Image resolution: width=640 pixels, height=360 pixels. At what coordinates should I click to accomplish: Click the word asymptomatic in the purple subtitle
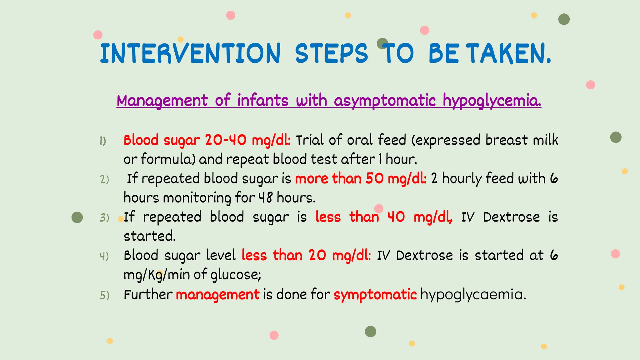pyautogui.click(x=385, y=101)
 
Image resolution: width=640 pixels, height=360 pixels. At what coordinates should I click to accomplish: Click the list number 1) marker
pyautogui.click(x=103, y=141)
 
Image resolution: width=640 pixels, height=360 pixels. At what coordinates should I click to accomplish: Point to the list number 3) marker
pyautogui.click(x=104, y=218)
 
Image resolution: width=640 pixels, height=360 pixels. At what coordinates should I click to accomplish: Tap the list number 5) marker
pyautogui.click(x=105, y=295)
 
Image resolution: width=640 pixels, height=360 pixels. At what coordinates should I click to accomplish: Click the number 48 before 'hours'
pyautogui.click(x=265, y=198)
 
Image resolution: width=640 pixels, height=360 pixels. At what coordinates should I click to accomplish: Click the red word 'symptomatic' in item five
pyautogui.click(x=375, y=295)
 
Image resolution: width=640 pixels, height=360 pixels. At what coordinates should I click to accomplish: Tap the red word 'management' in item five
pyautogui.click(x=217, y=295)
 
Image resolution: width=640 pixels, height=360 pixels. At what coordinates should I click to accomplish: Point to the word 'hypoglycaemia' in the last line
pyautogui.click(x=472, y=295)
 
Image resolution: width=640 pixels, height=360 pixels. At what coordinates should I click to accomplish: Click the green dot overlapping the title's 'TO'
pyautogui.click(x=382, y=43)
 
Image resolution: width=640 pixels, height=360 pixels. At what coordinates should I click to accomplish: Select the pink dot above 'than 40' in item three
pyautogui.click(x=379, y=208)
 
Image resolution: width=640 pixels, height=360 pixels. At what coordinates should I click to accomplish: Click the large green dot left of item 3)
pyautogui.click(x=77, y=217)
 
